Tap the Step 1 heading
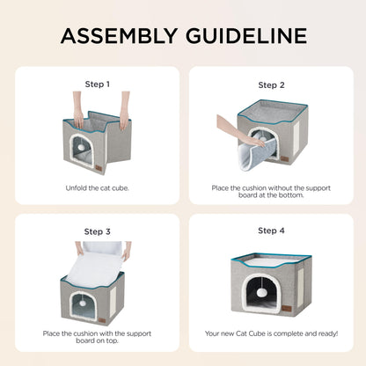coord(97,84)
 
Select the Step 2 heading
coord(271,85)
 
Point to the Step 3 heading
coord(97,231)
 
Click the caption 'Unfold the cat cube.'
coord(97,187)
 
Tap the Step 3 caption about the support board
coord(97,337)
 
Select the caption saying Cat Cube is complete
coord(271,333)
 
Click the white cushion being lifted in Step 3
coord(97,261)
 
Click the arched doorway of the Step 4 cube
coord(263,295)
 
